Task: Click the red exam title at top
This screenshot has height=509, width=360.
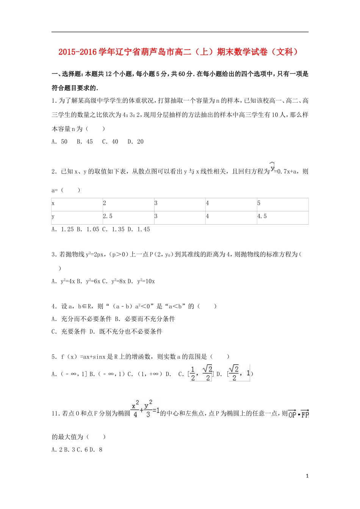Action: tap(179, 52)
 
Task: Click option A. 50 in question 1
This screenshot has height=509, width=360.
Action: tap(59, 142)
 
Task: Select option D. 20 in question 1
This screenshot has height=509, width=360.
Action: tap(135, 142)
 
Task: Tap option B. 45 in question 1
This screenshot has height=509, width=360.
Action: tap(85, 142)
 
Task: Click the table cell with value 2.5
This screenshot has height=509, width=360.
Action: tap(128, 217)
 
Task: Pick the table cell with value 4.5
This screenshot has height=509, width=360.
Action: tap(282, 217)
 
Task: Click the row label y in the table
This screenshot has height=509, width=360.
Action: tap(77, 217)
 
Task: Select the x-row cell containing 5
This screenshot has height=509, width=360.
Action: tap(282, 204)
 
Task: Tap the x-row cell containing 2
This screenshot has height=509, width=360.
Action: tap(128, 204)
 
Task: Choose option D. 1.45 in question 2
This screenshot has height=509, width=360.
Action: tap(139, 230)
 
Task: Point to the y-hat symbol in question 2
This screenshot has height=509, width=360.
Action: tap(272, 167)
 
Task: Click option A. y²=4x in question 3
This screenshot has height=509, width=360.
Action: tap(63, 281)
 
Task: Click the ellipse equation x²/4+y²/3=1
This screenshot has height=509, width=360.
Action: tap(145, 409)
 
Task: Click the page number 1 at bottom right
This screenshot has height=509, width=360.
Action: tap(307, 476)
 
